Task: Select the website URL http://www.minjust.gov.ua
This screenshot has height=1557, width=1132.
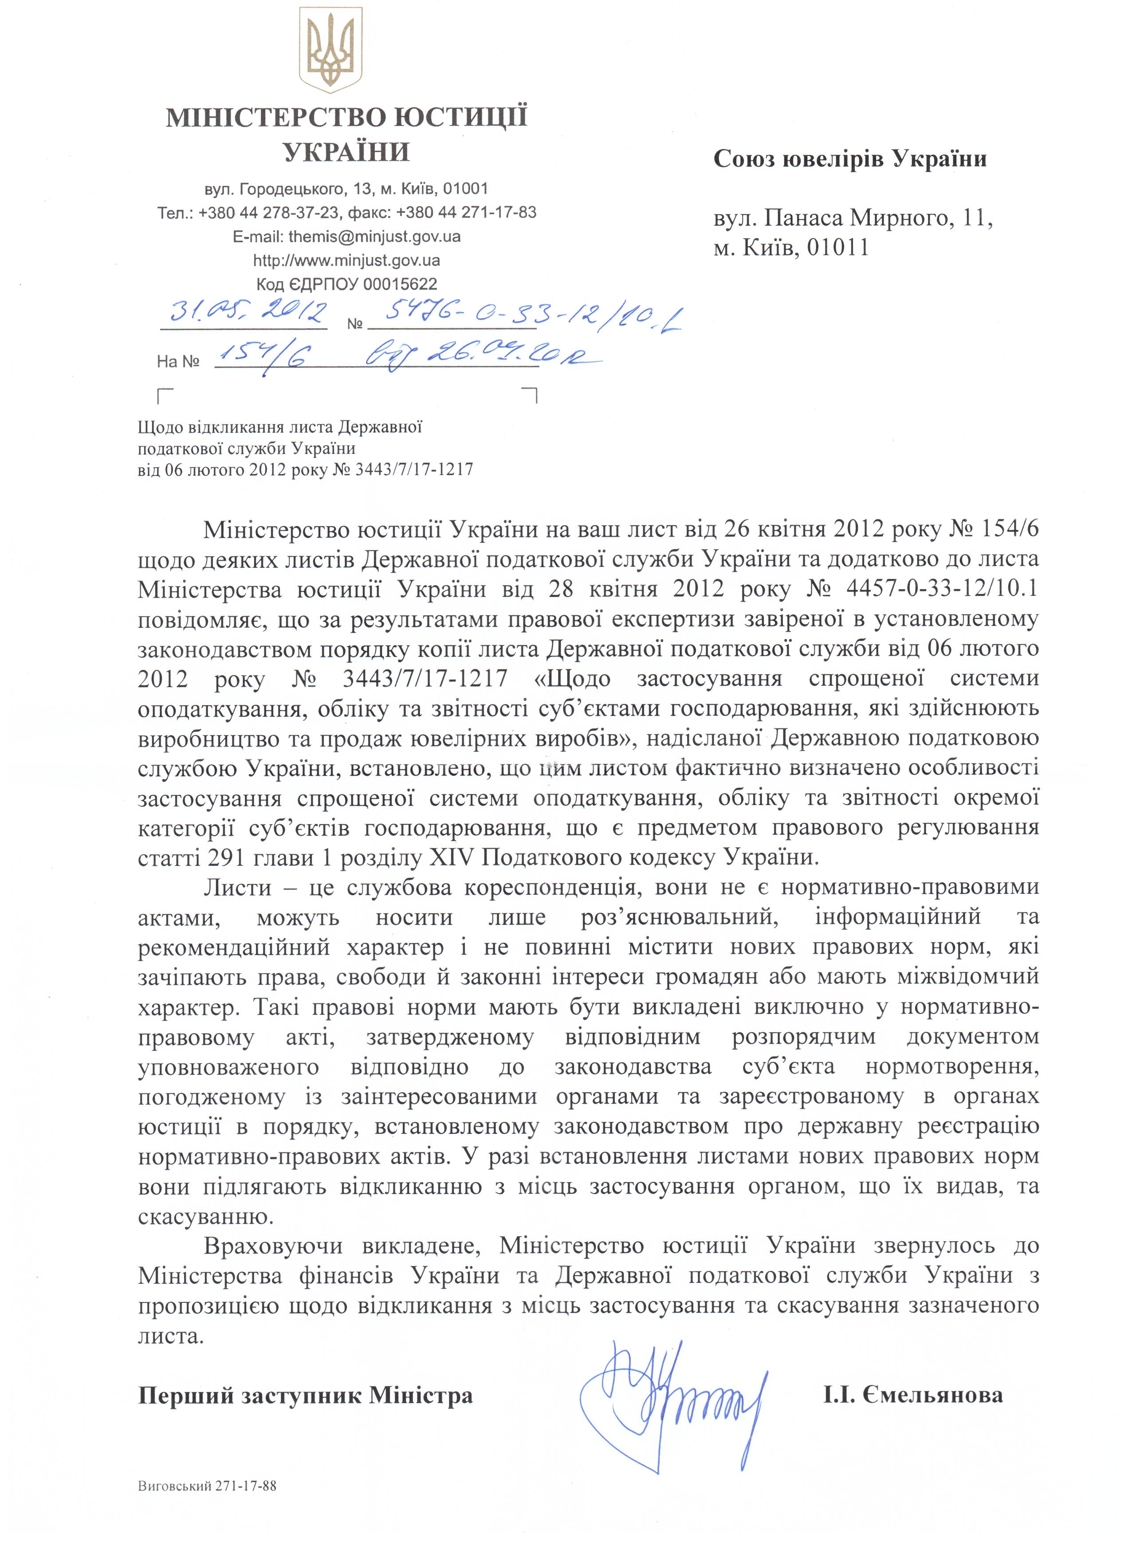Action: pyautogui.click(x=347, y=260)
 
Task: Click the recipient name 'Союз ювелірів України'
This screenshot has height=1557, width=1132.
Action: pyautogui.click(x=850, y=159)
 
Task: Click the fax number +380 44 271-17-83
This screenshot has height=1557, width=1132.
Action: pyautogui.click(x=466, y=213)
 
